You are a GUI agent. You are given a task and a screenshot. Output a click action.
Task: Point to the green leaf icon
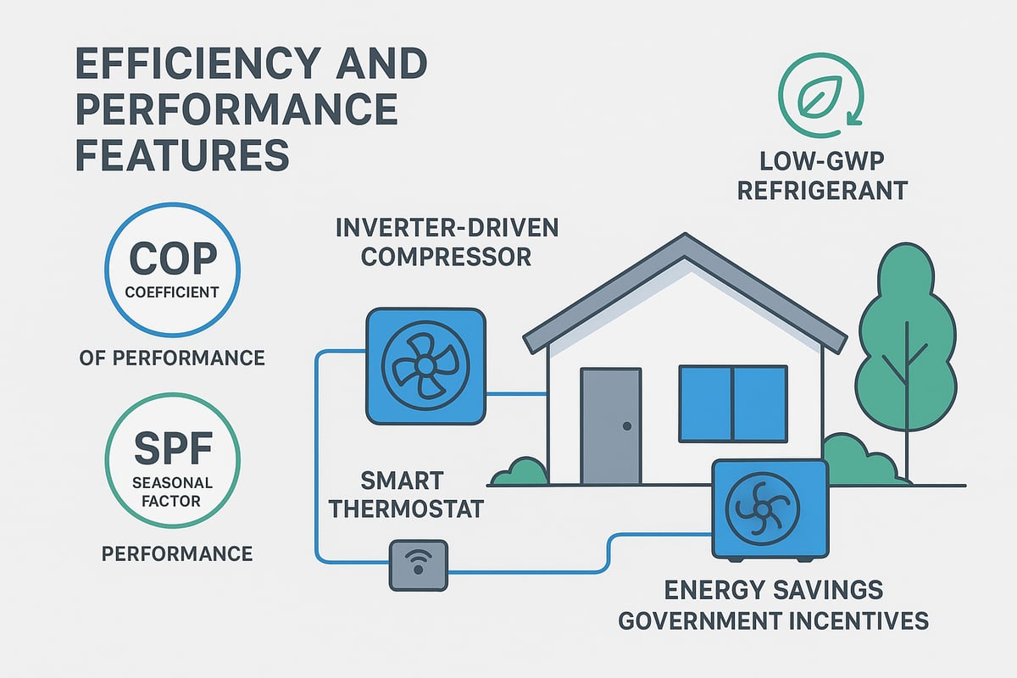820,82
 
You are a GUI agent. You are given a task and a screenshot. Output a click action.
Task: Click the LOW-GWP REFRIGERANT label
821,175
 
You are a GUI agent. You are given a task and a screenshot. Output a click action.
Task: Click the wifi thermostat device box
418,565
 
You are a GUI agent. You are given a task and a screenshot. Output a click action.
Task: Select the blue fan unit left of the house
425,365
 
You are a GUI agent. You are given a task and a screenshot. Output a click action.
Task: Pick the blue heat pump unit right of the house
770,508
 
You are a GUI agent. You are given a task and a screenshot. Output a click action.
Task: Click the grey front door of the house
610,426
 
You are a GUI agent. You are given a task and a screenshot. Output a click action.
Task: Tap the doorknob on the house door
626,426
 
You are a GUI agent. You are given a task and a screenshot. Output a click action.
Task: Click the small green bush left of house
519,472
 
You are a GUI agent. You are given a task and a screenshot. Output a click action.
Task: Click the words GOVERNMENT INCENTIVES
773,620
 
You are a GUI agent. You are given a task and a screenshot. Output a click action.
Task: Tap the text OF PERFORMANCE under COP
171,358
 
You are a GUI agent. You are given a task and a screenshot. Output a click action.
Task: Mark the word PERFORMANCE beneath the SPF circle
176,553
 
